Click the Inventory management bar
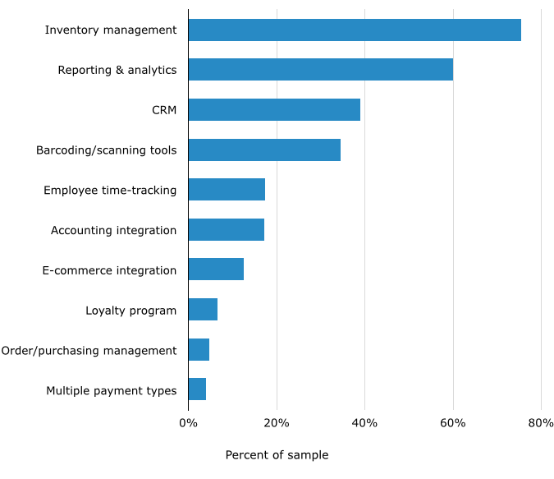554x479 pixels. [x=354, y=30]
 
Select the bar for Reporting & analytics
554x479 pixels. [x=320, y=70]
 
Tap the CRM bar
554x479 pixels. [x=274, y=109]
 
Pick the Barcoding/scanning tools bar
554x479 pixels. [x=264, y=150]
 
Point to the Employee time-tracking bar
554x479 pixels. [x=227, y=190]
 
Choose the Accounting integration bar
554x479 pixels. [x=226, y=230]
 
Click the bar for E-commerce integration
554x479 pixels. [x=216, y=269]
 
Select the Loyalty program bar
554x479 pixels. [x=203, y=310]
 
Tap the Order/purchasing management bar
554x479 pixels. [x=199, y=350]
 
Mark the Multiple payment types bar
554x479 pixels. [x=197, y=389]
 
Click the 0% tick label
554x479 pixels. [x=188, y=422]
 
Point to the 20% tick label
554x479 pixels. [x=277, y=422]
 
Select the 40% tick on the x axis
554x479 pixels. [x=364, y=422]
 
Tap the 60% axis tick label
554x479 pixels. [x=453, y=422]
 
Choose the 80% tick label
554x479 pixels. [x=541, y=422]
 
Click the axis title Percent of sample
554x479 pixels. [x=277, y=455]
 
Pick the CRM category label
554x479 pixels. [x=164, y=109]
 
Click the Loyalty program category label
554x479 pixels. [x=131, y=311]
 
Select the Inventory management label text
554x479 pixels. [x=111, y=30]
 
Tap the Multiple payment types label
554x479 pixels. [x=112, y=390]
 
